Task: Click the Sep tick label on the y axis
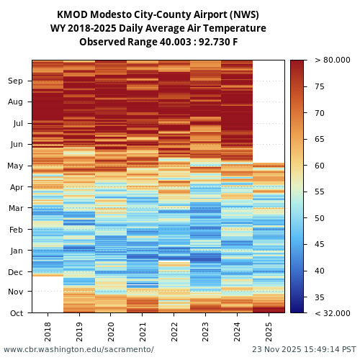coord(15,81)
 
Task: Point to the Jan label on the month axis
coord(15,251)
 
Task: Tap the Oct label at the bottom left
coord(15,313)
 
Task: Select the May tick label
coord(15,166)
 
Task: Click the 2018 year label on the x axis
coord(48,332)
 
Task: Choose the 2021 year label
coord(143,332)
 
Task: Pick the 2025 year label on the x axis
coord(269,332)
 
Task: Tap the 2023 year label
coord(205,332)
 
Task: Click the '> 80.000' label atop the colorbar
coord(333,60)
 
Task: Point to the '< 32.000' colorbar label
coord(333,313)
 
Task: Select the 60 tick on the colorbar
coord(320,166)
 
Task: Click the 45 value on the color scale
coord(320,245)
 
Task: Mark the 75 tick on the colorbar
coord(320,87)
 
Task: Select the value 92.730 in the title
coord(210,42)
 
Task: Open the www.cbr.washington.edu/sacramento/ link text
coord(78,350)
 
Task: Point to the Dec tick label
coord(15,272)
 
